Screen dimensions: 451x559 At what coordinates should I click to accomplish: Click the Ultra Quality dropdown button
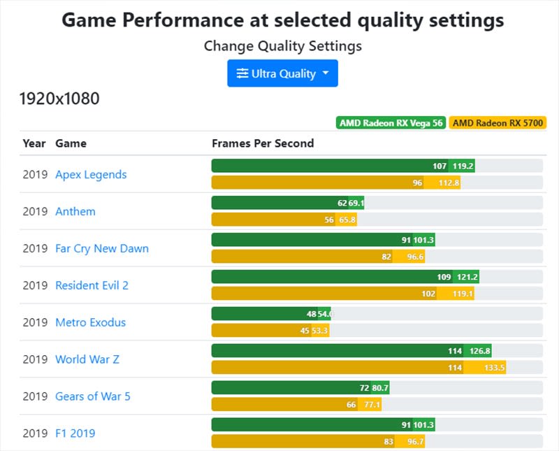point(282,73)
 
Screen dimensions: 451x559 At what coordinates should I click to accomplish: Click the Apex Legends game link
point(91,174)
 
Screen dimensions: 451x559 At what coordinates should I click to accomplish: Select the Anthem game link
point(75,211)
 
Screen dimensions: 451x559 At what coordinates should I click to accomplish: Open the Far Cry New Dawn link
point(102,248)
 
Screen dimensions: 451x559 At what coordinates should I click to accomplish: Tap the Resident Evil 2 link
point(92,285)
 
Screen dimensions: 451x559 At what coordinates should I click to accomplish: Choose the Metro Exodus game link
point(91,322)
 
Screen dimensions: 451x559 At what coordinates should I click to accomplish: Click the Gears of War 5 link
point(93,396)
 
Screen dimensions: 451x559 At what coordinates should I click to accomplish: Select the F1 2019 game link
point(75,434)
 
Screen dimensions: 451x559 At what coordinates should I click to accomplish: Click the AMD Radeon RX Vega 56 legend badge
point(391,123)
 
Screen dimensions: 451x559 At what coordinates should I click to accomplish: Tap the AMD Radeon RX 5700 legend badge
point(498,123)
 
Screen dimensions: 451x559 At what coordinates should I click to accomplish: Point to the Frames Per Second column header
point(263,143)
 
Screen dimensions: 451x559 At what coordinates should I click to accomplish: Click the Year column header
point(34,143)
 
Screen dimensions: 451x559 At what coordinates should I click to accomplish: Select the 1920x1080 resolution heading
point(59,99)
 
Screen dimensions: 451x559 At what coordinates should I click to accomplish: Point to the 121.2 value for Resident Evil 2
point(466,277)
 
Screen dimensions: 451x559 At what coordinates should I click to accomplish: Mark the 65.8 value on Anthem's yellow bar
point(347,220)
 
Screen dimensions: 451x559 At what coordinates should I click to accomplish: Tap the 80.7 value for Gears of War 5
point(380,388)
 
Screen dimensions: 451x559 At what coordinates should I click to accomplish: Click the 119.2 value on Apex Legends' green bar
point(463,166)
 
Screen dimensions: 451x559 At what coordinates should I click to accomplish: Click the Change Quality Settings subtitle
point(282,46)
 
